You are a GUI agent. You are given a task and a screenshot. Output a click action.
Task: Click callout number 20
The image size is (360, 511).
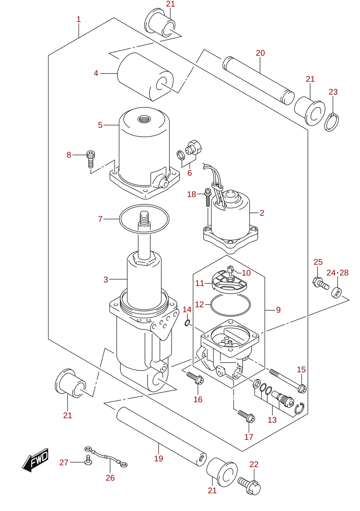coord(260,53)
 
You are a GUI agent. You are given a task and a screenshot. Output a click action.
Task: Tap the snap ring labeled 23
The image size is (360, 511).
coord(332,122)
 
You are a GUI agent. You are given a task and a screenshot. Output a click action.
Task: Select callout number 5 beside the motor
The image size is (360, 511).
coord(100,125)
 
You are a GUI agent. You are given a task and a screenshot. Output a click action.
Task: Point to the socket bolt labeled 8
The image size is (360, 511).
coord(91,159)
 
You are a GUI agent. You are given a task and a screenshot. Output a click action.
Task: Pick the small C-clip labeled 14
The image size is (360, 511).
coord(187,323)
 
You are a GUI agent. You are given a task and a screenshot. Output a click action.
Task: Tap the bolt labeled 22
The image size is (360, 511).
coord(249,486)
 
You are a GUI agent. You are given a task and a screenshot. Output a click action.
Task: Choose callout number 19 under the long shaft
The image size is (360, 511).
coord(159,459)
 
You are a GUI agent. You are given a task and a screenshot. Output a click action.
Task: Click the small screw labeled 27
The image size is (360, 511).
coord(88,460)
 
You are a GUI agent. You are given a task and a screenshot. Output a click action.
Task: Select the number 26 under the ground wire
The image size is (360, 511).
coord(110,478)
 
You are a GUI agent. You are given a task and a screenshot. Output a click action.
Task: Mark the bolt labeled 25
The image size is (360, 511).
coord(321,284)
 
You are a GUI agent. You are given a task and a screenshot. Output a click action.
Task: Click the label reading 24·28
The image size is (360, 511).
coord(337,273)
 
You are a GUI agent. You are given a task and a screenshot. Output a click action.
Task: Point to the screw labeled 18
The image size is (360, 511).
coord(208,197)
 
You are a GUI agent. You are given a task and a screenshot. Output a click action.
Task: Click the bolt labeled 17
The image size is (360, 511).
coord(246,416)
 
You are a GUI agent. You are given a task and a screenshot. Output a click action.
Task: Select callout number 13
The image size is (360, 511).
coord(272,420)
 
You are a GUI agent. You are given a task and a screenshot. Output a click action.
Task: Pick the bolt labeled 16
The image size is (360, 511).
coord(195,379)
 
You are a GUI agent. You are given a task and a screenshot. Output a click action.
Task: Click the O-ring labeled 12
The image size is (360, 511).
coord(230,305)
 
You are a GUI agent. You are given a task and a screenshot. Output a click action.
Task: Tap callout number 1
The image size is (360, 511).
coord(78,19)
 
